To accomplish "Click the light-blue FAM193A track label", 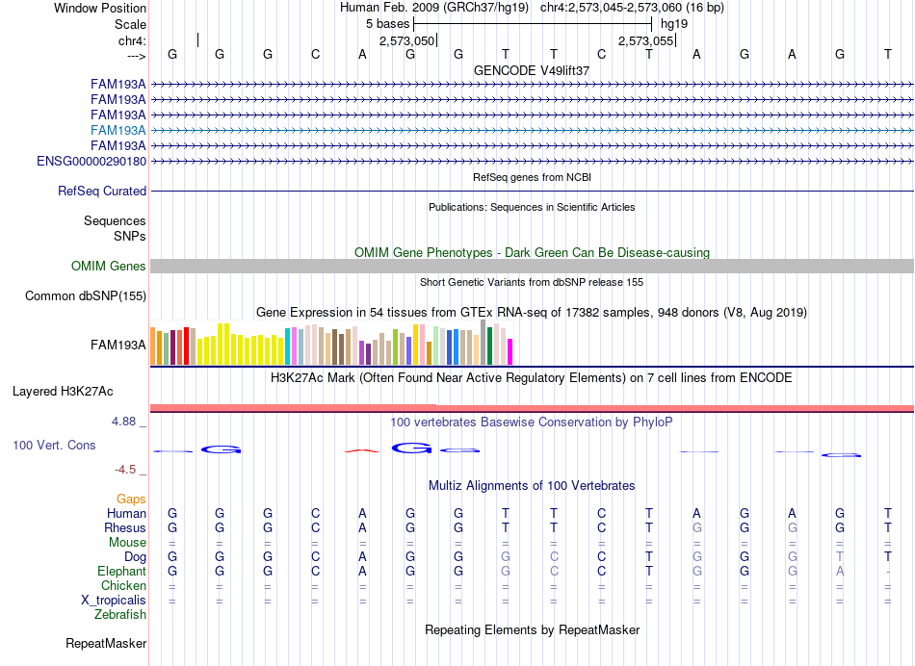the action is [118, 130].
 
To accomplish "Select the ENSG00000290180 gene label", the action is [91, 161].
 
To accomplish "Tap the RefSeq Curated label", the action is [102, 191].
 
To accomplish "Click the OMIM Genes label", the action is [109, 266].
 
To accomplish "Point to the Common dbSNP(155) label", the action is [86, 295].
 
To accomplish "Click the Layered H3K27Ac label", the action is [63, 392].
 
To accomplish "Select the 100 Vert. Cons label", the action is [54, 445].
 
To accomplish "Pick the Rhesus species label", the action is [125, 527].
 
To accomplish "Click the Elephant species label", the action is [122, 572].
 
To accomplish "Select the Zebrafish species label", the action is [120, 615].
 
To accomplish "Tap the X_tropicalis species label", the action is [114, 601].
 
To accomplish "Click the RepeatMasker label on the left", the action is [106, 643].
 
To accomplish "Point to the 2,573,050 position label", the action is [406, 40].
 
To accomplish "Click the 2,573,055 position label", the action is [646, 40].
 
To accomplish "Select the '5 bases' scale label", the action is [387, 24].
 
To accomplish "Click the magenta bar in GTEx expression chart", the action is [510, 351].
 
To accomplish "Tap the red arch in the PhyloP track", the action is [362, 450].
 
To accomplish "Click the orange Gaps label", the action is [131, 499].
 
